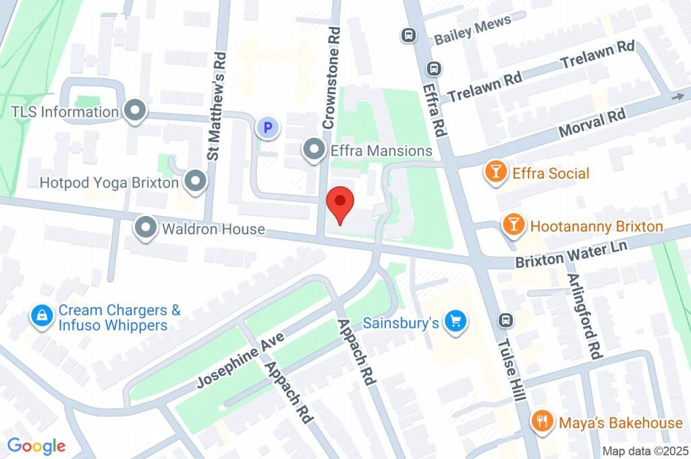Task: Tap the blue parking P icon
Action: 268,127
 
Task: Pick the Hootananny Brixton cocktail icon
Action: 514,226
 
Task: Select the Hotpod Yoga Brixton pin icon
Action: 196,182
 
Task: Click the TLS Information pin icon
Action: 136,111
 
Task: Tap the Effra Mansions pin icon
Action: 314,151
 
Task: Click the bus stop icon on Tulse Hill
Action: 504,320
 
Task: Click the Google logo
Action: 36,446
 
